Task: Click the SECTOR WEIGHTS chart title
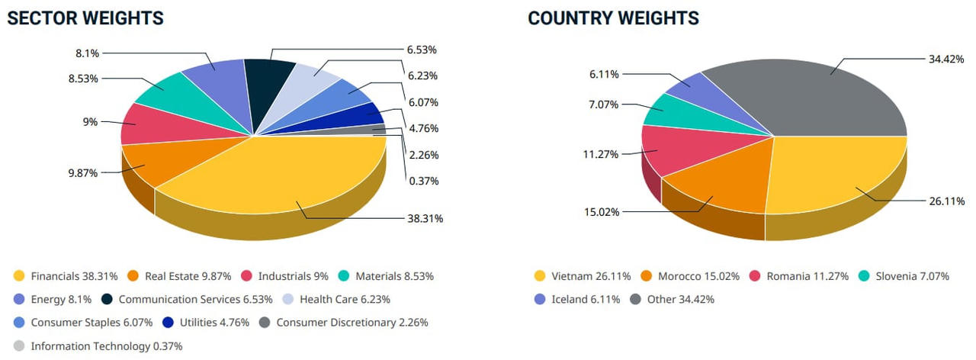[85, 18]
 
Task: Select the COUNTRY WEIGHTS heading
[613, 18]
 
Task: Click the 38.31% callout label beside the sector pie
[425, 218]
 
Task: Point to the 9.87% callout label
[82, 173]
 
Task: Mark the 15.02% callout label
[601, 211]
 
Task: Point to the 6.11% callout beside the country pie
[604, 74]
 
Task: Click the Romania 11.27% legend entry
[800, 276]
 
